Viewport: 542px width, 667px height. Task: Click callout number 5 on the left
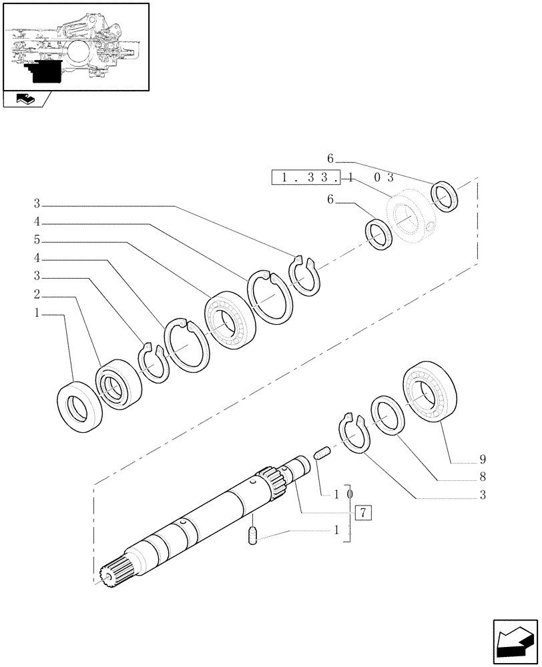pos(37,239)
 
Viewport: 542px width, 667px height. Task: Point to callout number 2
pos(37,295)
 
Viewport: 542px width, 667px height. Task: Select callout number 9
pos(482,460)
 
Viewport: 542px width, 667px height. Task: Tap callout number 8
pos(482,478)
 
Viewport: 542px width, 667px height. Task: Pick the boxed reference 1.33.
pos(306,178)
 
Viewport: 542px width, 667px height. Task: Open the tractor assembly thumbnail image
pos(75,46)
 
